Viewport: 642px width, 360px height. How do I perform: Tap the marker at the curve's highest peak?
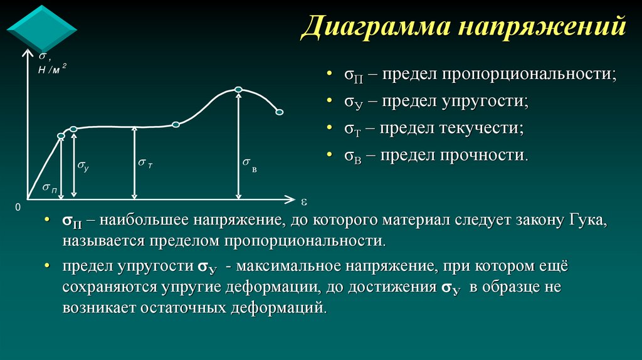(238, 89)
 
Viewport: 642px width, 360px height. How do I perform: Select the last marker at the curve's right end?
(280, 112)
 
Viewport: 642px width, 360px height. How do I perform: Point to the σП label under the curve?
(50, 188)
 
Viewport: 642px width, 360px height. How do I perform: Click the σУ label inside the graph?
(83, 165)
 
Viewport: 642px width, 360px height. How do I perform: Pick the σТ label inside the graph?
(145, 163)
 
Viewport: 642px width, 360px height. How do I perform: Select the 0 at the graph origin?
(18, 206)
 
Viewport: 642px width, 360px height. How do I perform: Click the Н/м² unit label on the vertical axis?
(51, 70)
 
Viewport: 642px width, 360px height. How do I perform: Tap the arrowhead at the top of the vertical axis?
(26, 54)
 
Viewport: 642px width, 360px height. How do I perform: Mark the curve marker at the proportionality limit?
(61, 136)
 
